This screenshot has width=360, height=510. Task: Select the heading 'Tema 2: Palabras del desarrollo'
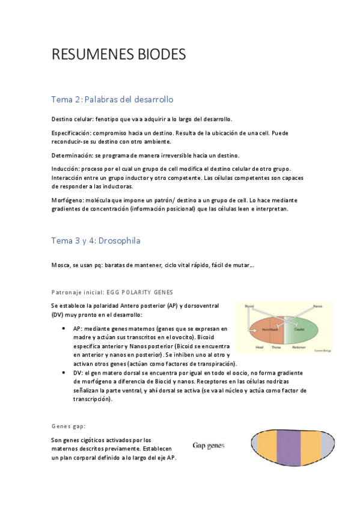point(112,99)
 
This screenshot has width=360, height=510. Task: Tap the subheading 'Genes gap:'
point(69,426)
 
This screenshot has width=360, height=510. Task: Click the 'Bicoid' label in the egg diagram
point(249,307)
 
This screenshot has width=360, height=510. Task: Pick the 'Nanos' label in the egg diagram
point(318,307)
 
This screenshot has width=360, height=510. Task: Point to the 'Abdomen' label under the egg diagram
point(299,348)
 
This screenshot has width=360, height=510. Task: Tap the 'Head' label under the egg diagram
point(259,348)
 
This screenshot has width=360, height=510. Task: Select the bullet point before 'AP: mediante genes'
point(64,330)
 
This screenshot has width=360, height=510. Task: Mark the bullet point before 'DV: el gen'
point(64,373)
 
